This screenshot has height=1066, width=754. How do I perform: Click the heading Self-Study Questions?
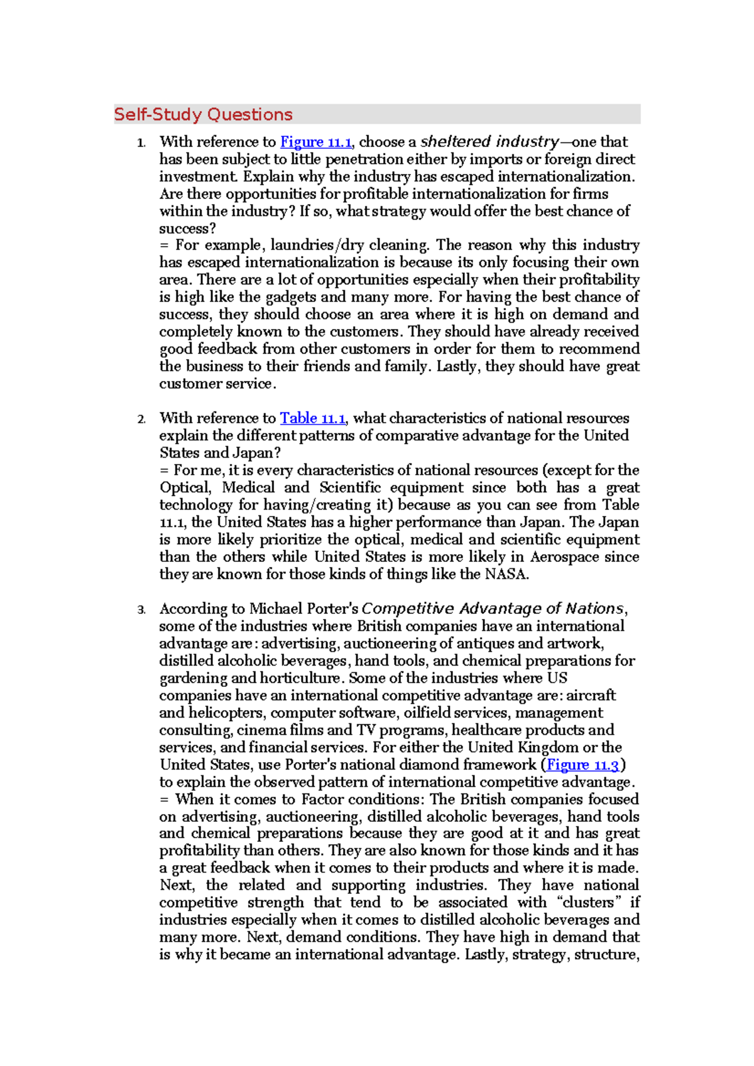[203, 114]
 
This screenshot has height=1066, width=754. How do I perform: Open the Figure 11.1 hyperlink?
[315, 142]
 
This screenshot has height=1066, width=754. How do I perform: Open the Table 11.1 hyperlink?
[312, 418]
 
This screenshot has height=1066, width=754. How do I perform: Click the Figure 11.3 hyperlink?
[582, 765]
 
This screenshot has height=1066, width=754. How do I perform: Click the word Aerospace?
[562, 557]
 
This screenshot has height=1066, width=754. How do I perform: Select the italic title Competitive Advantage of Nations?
[493, 608]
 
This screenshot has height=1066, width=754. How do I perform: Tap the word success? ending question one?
[187, 229]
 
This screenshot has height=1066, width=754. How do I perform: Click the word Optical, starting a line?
[185, 488]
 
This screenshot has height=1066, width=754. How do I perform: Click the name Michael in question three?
[276, 608]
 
